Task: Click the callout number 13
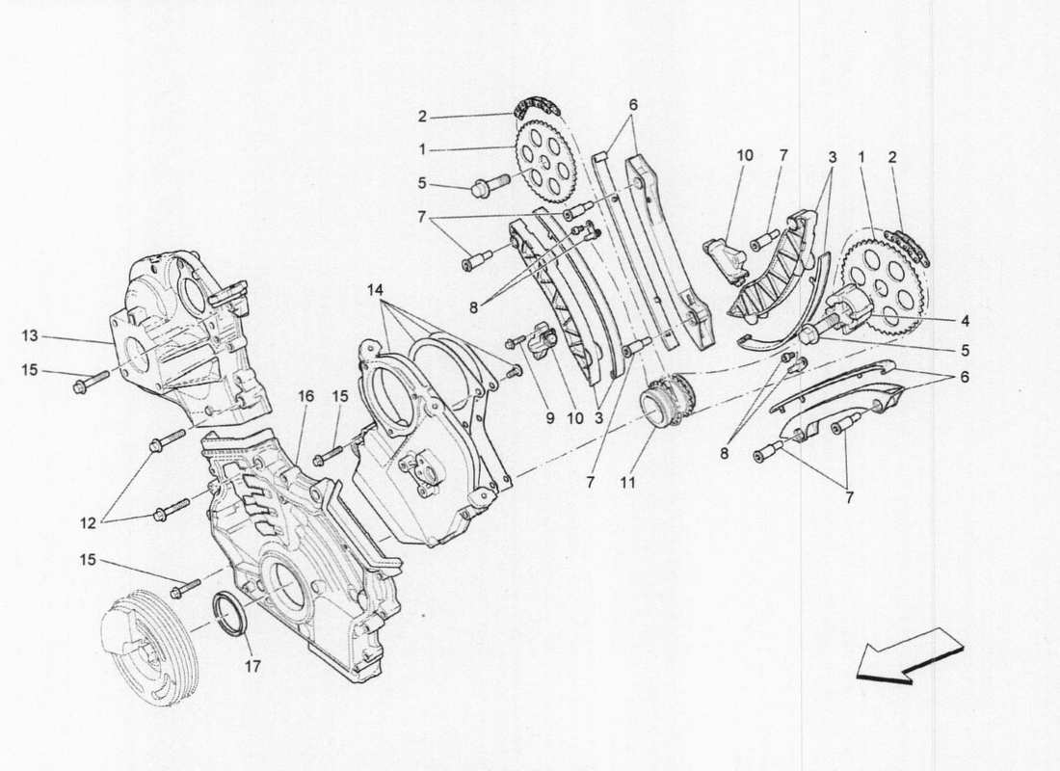[31, 336]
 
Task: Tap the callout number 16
[305, 396]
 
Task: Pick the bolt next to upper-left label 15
[82, 386]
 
